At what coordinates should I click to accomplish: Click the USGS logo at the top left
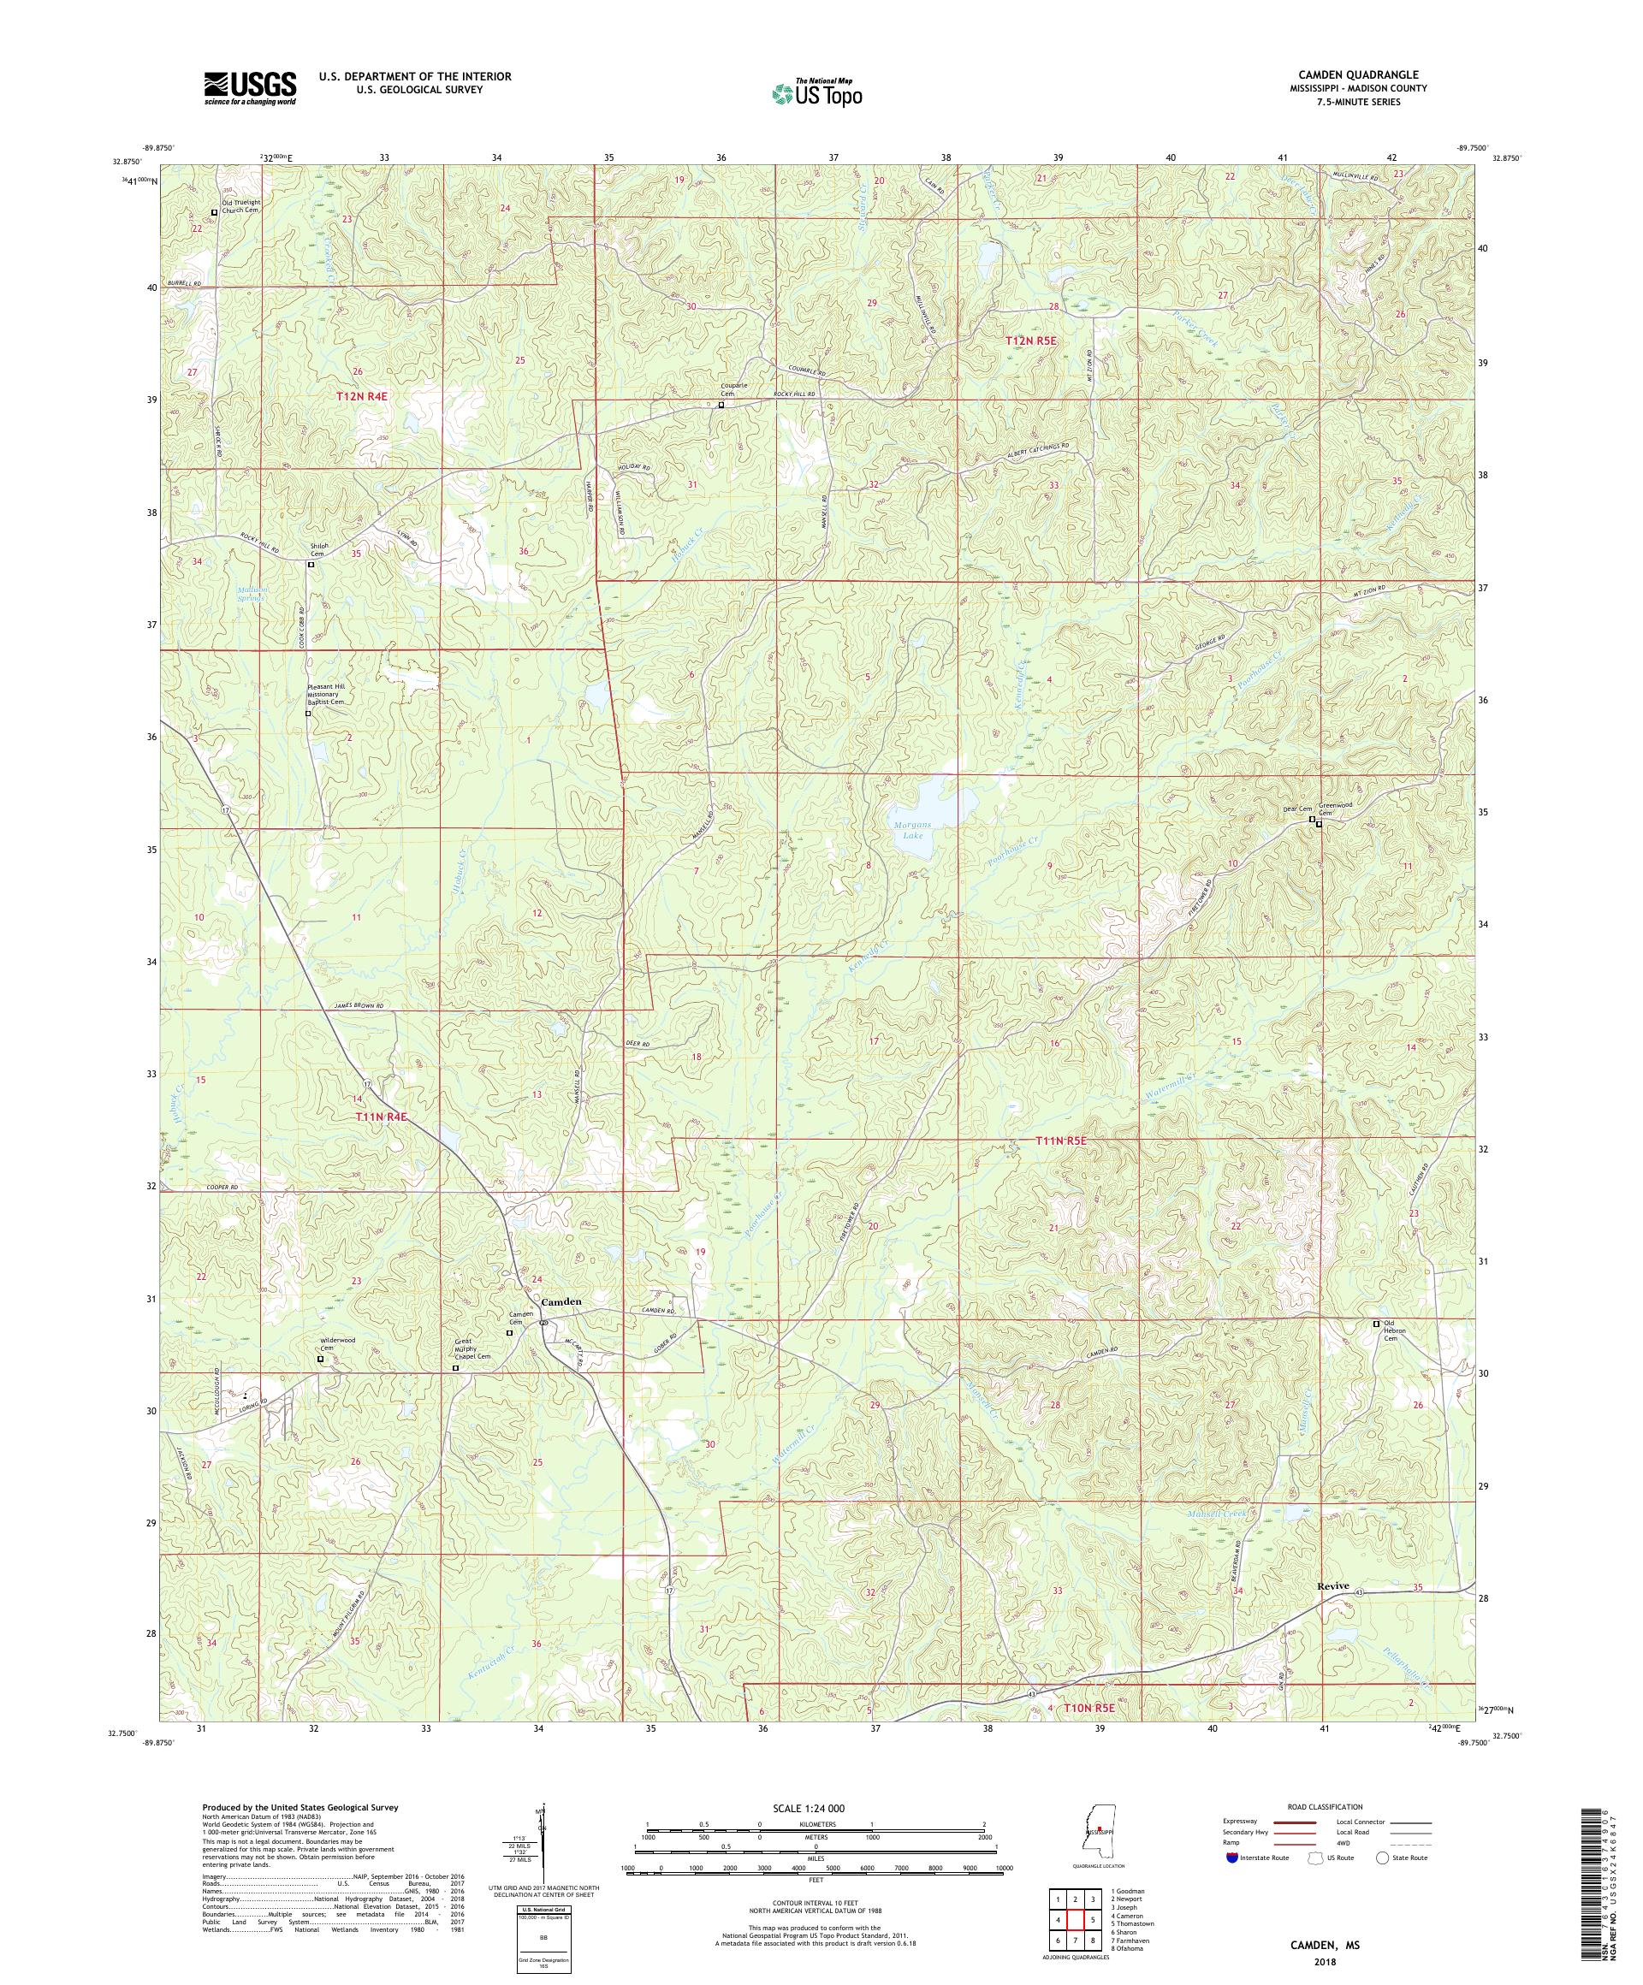pos(250,89)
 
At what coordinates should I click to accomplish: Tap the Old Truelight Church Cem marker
pos(214,213)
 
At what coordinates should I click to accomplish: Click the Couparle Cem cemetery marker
pos(721,406)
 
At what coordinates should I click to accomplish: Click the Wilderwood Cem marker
pos(319,1360)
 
